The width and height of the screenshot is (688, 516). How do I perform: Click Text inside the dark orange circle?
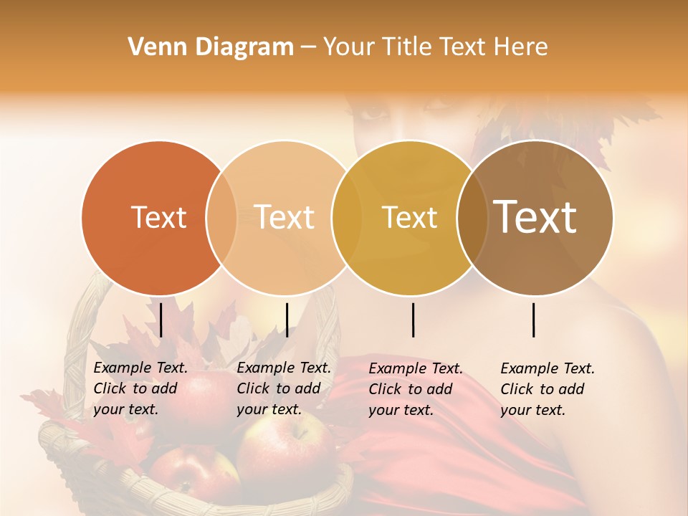[x=158, y=217]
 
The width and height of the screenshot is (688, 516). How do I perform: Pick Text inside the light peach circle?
[x=284, y=217]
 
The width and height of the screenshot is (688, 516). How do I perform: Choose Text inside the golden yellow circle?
[x=409, y=217]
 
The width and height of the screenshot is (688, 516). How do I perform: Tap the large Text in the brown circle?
[x=535, y=216]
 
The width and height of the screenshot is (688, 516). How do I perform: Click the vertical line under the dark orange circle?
[x=161, y=320]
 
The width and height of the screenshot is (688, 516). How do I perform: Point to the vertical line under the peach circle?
[x=287, y=320]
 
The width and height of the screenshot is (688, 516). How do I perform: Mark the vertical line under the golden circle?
[x=414, y=320]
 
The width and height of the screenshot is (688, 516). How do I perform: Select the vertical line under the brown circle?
[x=534, y=320]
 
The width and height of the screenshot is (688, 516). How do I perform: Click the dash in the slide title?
[x=307, y=47]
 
